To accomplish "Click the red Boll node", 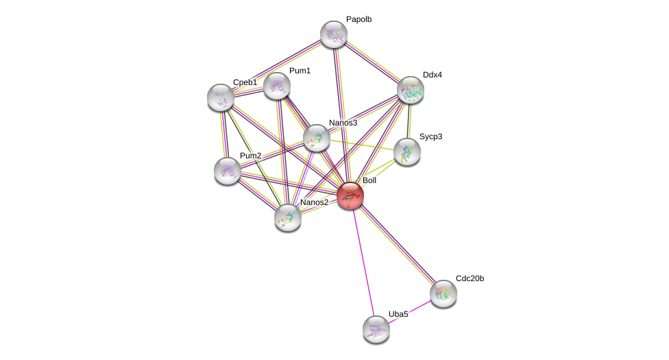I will click(x=350, y=195).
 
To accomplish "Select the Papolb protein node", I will click(x=334, y=34).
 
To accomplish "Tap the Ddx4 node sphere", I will click(x=411, y=90).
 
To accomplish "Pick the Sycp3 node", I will click(x=406, y=152).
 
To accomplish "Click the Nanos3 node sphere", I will click(x=317, y=138).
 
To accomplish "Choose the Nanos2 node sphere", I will click(x=288, y=217).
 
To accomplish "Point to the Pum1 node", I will click(x=277, y=86).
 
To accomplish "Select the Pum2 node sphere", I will click(x=227, y=171).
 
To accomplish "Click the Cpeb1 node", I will click(x=221, y=97).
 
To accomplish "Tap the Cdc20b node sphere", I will click(x=443, y=293).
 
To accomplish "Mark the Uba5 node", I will click(x=376, y=329).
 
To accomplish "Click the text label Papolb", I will click(x=358, y=19).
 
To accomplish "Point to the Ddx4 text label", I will click(x=432, y=75).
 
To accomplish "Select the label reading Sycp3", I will click(x=430, y=136).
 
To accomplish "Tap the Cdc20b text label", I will click(x=470, y=278).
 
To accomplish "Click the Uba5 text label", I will click(x=398, y=314).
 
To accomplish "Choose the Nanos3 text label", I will click(x=343, y=123).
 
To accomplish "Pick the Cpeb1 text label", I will click(x=245, y=82).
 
